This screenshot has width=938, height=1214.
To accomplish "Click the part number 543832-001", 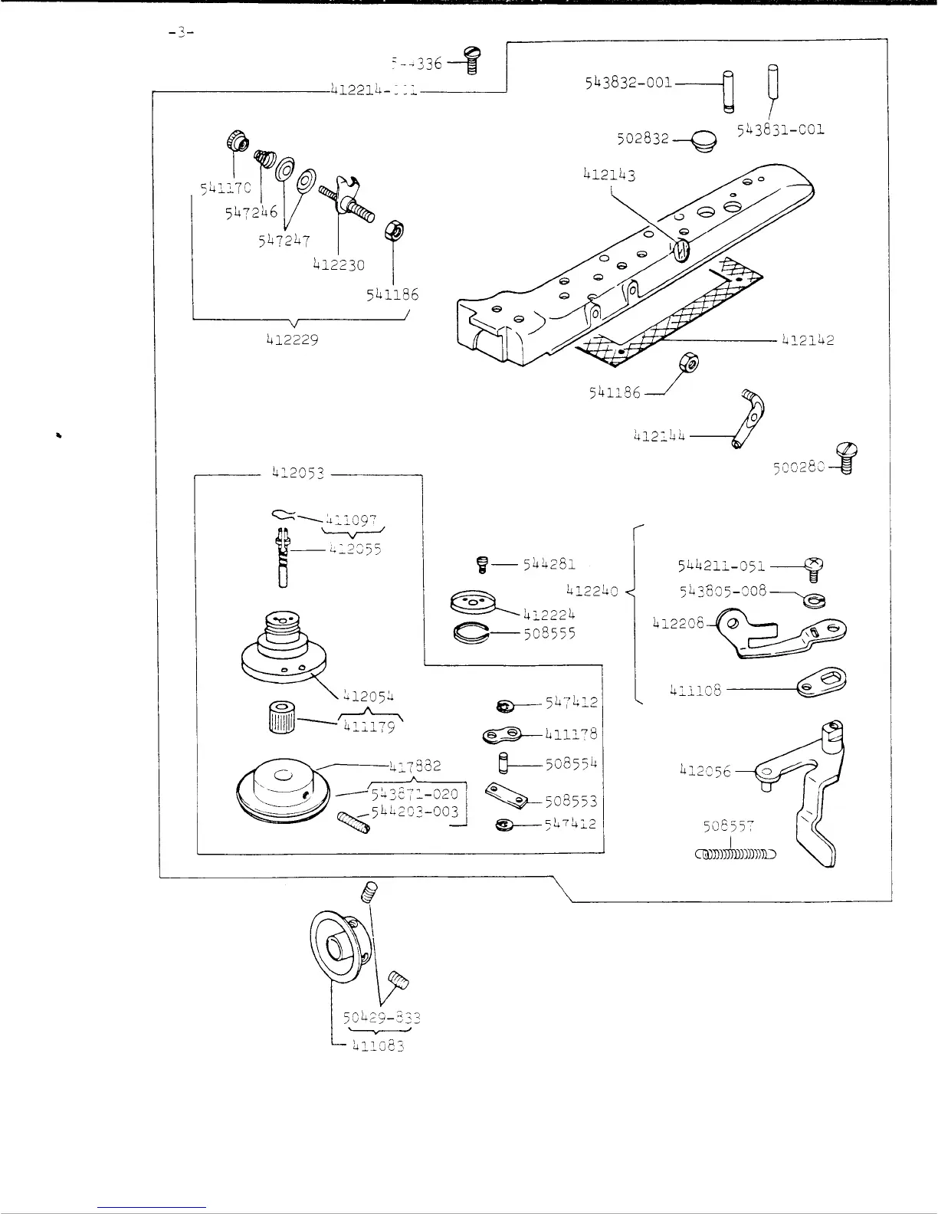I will [628, 83].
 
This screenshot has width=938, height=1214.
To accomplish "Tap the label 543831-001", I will [781, 130].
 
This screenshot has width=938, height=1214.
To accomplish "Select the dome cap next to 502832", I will [700, 140].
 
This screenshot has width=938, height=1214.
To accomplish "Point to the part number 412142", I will [808, 340].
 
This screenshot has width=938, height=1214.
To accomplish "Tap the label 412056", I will [706, 771].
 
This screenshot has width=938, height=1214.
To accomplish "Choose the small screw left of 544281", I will [481, 566].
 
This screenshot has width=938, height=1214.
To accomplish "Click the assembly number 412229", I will [292, 340].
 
